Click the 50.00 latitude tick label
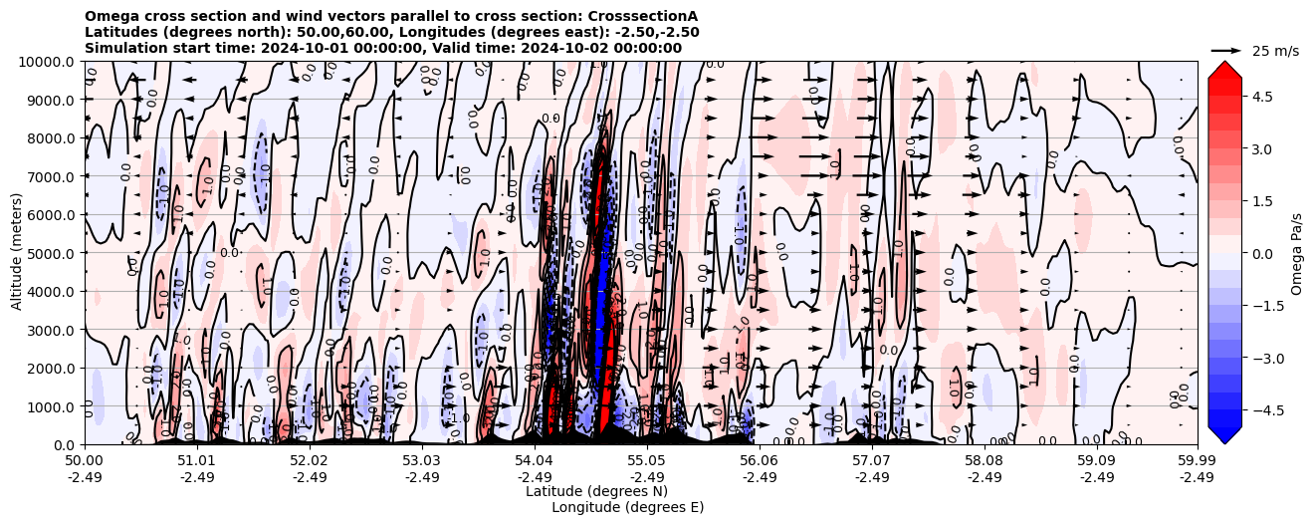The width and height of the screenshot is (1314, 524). [x=85, y=461]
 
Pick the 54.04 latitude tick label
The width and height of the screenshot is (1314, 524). [x=535, y=461]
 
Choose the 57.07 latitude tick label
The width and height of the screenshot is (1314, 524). [x=872, y=461]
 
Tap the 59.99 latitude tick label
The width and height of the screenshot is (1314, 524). [x=1197, y=461]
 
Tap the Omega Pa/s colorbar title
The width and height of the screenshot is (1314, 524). [x=1296, y=253]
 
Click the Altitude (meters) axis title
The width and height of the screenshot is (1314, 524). [x=17, y=253]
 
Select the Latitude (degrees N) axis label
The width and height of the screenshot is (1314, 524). [x=596, y=491]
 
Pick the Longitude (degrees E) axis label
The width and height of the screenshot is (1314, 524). [x=627, y=507]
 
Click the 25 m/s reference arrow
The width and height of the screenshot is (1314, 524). [x=1226, y=50]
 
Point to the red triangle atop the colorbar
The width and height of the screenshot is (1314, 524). [x=1224, y=69]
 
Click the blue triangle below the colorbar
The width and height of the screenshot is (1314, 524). [x=1224, y=435]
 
